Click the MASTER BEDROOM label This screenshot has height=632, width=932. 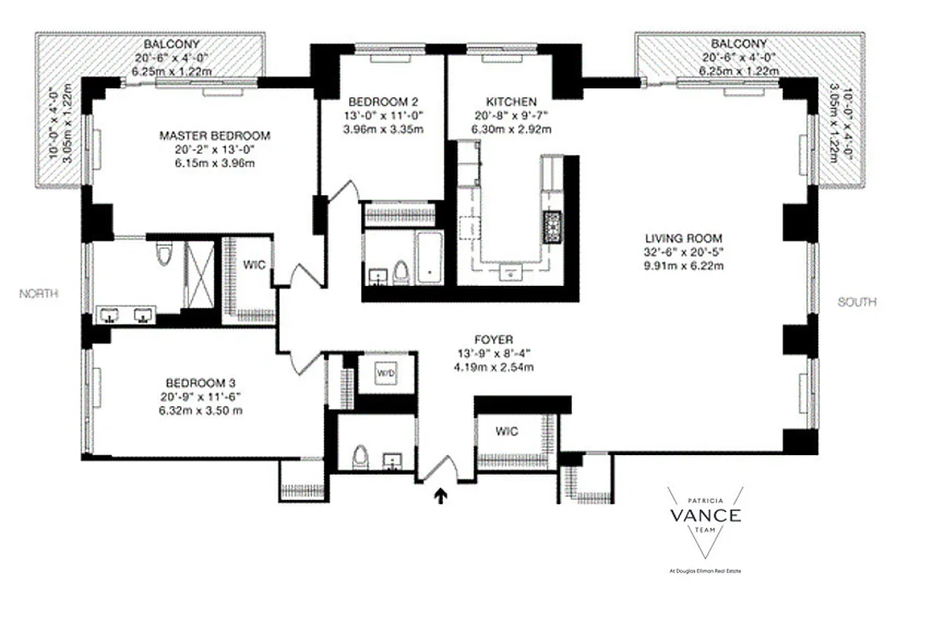pos(214,135)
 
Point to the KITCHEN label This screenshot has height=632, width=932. pos(511,101)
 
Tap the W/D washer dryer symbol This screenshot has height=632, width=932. pos(385,372)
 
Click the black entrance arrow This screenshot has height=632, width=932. pos(440,495)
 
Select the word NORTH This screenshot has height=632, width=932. pos(39,293)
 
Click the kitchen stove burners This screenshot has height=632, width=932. pos(550,227)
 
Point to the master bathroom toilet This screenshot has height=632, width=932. pos(164,253)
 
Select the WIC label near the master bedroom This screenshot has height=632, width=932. pos(252,265)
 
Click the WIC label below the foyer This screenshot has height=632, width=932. pos(506,431)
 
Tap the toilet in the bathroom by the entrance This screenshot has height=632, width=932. pos(359,456)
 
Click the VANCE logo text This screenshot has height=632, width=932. pos(705,516)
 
